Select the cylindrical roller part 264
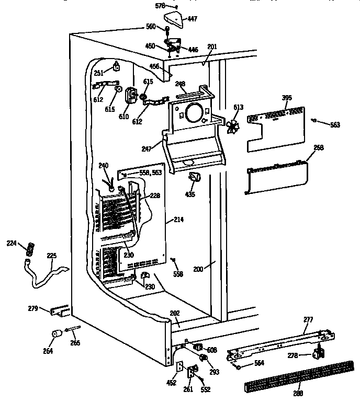click(55, 335)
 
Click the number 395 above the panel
click(287, 98)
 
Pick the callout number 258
click(318, 148)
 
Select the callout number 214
click(178, 221)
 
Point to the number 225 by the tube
click(51, 256)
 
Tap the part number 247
click(147, 149)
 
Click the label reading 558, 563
click(146, 172)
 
